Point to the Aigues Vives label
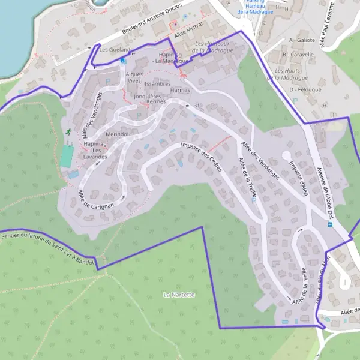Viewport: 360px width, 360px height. pos(135,77)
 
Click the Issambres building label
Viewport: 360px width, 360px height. pos(158,83)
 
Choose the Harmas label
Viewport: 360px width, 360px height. pos(180,90)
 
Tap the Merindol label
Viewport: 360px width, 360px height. pos(117,134)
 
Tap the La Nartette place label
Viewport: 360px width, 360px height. pos(179,295)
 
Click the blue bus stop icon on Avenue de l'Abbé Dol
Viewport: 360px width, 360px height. pos(329,224)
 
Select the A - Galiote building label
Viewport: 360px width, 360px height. pos(302,40)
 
